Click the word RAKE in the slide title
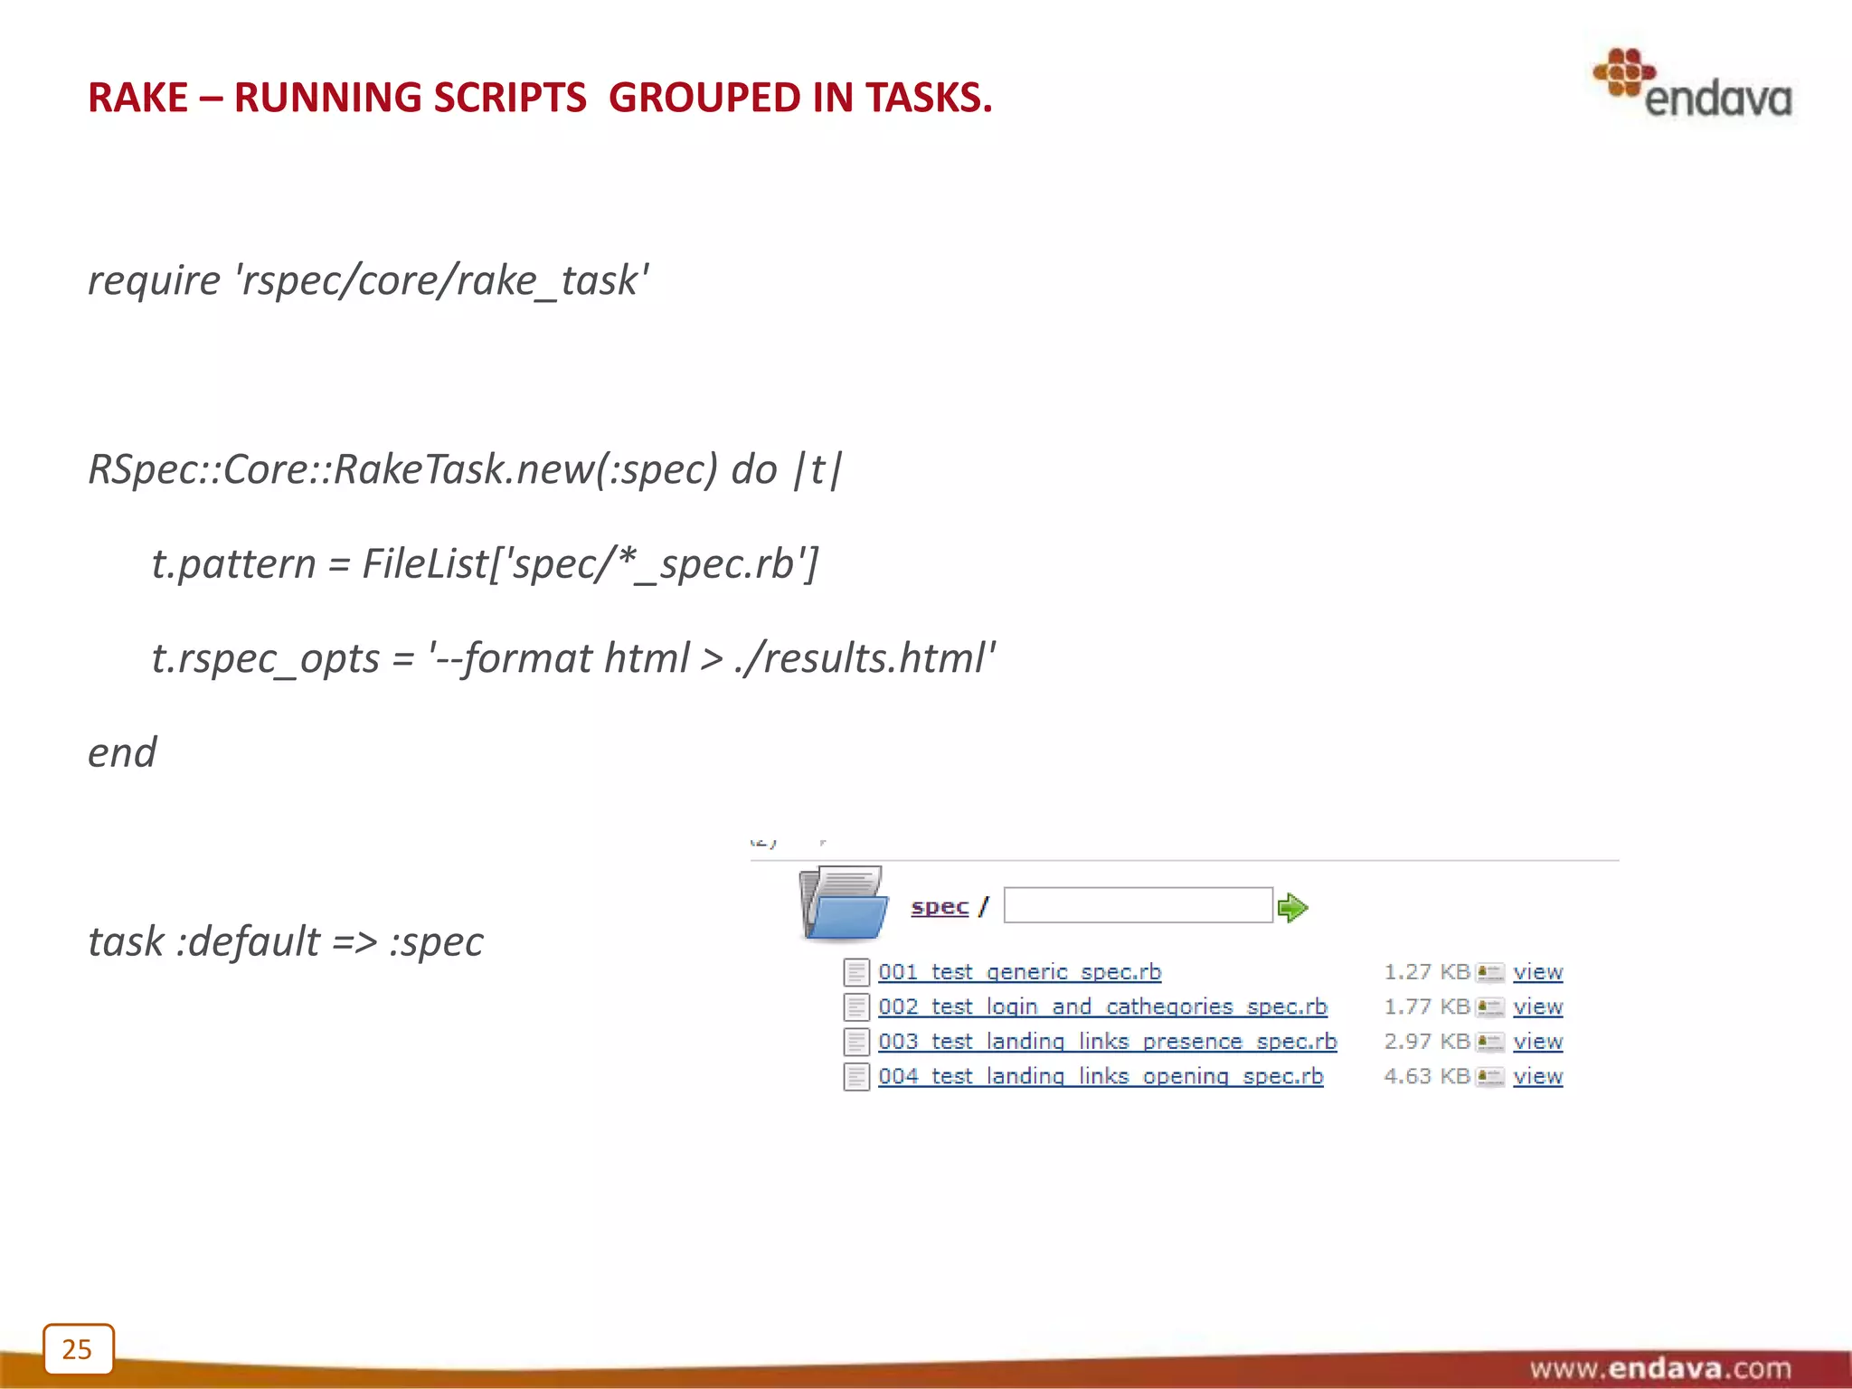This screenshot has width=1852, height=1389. pyautogui.click(x=137, y=98)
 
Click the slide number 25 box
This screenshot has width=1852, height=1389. pyautogui.click(x=78, y=1348)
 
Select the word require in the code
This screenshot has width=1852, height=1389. pyautogui.click(x=154, y=280)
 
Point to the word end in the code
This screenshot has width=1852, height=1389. pyautogui.click(x=122, y=752)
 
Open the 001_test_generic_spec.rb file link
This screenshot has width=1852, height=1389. pyautogui.click(x=1019, y=972)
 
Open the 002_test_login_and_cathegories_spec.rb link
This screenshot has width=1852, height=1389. pyautogui.click(x=1102, y=1006)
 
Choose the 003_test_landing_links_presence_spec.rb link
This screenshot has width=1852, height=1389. pyautogui.click(x=1107, y=1042)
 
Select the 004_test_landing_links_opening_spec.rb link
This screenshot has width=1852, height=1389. pyautogui.click(x=1101, y=1076)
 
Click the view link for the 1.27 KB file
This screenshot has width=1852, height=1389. pyautogui.click(x=1537, y=972)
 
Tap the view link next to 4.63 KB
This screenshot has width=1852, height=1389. pyautogui.click(x=1537, y=1076)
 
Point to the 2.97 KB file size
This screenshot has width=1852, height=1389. pyautogui.click(x=1426, y=1042)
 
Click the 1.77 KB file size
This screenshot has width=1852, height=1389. pyautogui.click(x=1426, y=1006)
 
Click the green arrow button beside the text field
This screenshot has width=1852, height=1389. pyautogui.click(x=1292, y=907)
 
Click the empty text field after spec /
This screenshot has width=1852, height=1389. pyautogui.click(x=1138, y=905)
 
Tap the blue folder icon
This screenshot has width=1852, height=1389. pyautogui.click(x=844, y=903)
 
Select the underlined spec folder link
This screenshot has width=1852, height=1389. pyautogui.click(x=940, y=906)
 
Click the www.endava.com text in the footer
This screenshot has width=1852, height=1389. pyautogui.click(x=1659, y=1367)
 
